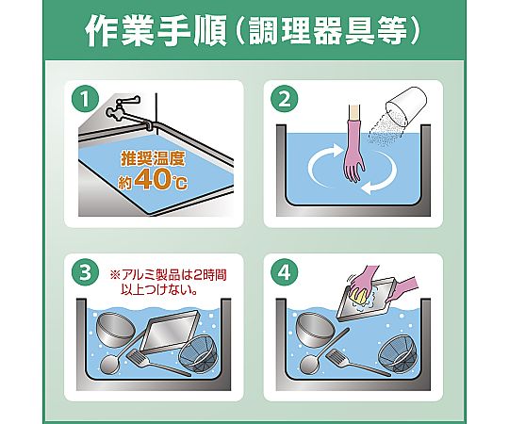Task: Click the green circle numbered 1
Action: [85, 100]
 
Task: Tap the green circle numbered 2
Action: [285, 99]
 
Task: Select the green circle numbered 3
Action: [86, 272]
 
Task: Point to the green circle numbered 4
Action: [285, 272]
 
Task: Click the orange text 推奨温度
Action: [153, 158]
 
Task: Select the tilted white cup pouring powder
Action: [405, 107]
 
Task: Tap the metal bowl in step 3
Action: [115, 330]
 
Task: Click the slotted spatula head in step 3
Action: [139, 356]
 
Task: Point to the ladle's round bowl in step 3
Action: [110, 365]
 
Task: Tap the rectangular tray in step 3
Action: [170, 332]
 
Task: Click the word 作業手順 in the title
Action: [156, 30]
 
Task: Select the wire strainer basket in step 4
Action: [397, 353]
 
